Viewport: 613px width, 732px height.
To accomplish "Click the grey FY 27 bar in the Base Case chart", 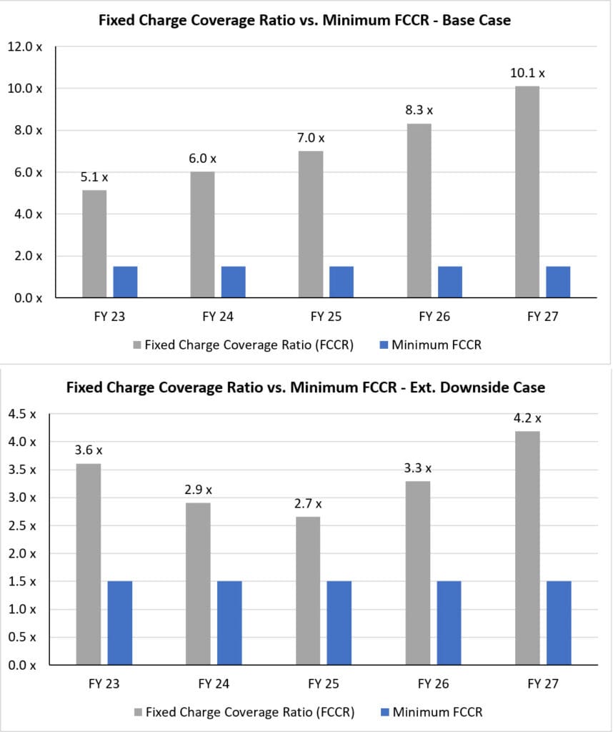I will pyautogui.click(x=527, y=191).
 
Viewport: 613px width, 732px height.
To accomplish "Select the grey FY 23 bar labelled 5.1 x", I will pyautogui.click(x=94, y=243).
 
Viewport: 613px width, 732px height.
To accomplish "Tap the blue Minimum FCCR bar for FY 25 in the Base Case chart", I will pyautogui.click(x=341, y=282).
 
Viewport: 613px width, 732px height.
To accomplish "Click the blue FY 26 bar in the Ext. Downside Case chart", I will pyautogui.click(x=449, y=623).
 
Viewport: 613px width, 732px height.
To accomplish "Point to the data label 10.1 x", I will pyautogui.click(x=527, y=73).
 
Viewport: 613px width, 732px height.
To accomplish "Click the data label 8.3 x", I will pyautogui.click(x=419, y=110).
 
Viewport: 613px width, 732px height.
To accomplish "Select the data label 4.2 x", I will pyautogui.click(x=528, y=418).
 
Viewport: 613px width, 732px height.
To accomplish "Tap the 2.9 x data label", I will pyautogui.click(x=198, y=490).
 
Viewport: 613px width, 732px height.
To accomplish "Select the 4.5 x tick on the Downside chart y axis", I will pyautogui.click(x=25, y=414).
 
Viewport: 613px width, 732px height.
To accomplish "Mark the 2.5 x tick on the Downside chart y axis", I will pyautogui.click(x=25, y=525).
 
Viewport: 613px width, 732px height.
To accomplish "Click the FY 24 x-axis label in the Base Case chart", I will pyautogui.click(x=217, y=317).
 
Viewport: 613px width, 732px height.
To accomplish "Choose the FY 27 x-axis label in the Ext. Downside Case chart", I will pyautogui.click(x=542, y=684).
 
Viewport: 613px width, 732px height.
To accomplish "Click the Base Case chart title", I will pyautogui.click(x=305, y=20).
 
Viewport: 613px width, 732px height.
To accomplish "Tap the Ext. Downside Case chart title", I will pyautogui.click(x=305, y=387).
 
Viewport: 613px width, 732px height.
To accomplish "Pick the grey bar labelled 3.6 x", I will pyautogui.click(x=89, y=564).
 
